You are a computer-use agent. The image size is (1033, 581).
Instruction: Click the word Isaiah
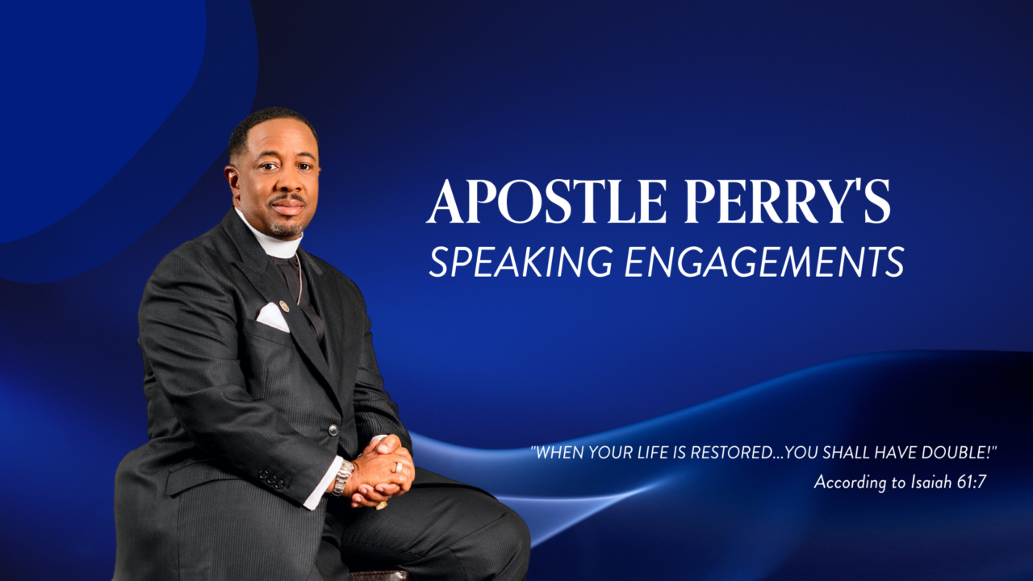click(921, 482)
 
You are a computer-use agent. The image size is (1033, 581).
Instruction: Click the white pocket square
click(273, 317)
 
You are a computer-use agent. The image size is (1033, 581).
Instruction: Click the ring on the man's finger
click(397, 466)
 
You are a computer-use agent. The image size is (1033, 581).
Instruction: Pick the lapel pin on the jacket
click(283, 306)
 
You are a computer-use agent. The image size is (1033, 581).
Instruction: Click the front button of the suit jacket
click(333, 429)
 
